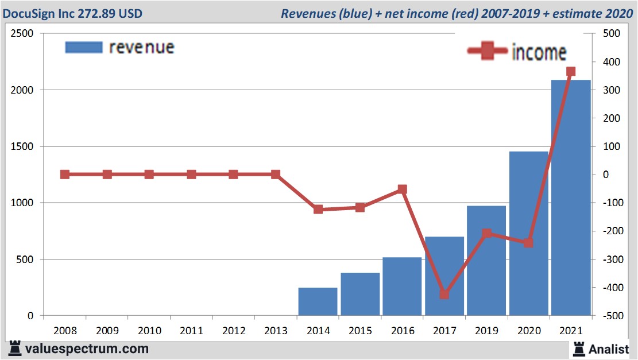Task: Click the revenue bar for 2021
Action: coord(571,198)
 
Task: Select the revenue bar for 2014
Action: coord(318,301)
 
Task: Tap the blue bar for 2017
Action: coord(444,276)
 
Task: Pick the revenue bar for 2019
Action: coord(486,261)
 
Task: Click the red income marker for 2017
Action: coord(444,295)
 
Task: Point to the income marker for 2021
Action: coord(571,72)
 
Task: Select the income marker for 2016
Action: coord(402,189)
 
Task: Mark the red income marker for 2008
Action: coord(65,175)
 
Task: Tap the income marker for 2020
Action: coord(528,243)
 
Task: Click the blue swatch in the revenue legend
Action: coord(84,47)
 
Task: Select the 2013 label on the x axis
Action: coord(276,331)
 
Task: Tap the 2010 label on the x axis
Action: coord(149,331)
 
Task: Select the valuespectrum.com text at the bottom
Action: coord(86,349)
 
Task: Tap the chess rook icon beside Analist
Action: coord(578,348)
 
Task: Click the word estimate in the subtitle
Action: coord(580,13)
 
